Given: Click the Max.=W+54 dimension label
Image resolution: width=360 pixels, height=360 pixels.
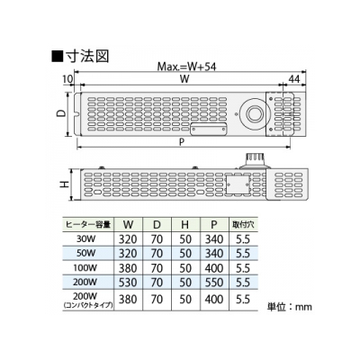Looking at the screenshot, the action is point(186,67).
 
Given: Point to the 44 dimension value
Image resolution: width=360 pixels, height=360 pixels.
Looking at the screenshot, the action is point(294,79).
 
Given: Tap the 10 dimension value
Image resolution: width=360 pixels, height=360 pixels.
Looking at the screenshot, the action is point(68,79).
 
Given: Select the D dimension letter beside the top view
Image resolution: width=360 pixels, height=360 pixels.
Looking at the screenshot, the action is point(61,113).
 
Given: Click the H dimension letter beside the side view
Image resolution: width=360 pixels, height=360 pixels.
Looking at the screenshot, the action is point(64,184).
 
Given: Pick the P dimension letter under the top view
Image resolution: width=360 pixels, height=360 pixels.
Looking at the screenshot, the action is point(182,142).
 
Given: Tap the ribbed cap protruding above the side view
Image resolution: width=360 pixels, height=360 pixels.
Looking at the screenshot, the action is point(255,159).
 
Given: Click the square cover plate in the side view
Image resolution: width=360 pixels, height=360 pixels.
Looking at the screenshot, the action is point(238,184).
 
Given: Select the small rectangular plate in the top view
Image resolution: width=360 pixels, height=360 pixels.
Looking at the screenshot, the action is point(209,130).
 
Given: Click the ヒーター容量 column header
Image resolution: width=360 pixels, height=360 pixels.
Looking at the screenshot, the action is point(88,224).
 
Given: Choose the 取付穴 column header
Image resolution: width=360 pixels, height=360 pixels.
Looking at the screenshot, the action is point(243,224).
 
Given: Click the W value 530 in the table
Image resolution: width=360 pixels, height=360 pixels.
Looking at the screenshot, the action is point(128,283).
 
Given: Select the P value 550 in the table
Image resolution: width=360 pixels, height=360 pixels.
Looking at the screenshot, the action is point(214,283).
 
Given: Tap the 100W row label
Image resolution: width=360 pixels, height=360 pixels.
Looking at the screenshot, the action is point(85,267).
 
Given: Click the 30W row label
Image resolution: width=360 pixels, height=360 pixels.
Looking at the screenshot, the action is point(85,239).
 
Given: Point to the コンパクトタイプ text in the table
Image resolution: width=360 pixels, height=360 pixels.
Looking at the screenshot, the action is point(88,305).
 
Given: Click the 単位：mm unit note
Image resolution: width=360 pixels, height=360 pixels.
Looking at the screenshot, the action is point(290,307).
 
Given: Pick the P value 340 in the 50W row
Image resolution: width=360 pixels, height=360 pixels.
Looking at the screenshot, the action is point(214,254).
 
